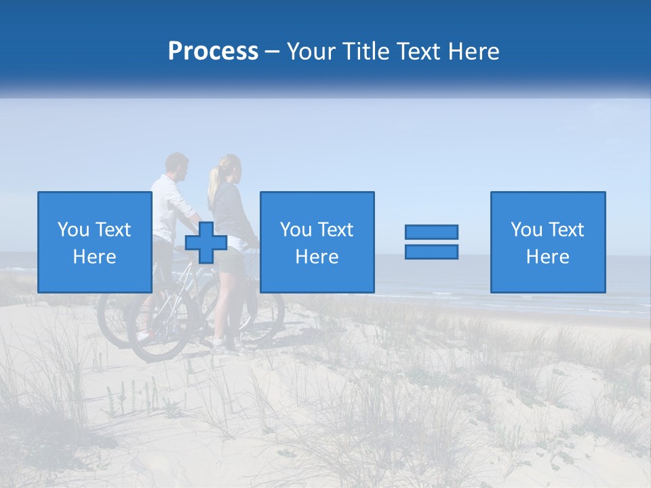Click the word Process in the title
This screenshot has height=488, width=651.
tap(213, 51)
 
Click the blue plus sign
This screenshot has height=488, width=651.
tap(205, 243)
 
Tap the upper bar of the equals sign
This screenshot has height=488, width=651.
tap(431, 232)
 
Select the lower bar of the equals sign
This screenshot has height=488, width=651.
tap(431, 251)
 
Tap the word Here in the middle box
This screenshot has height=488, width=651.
tap(317, 257)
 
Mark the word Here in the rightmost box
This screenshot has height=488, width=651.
tap(548, 257)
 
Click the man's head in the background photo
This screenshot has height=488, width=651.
tap(177, 165)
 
